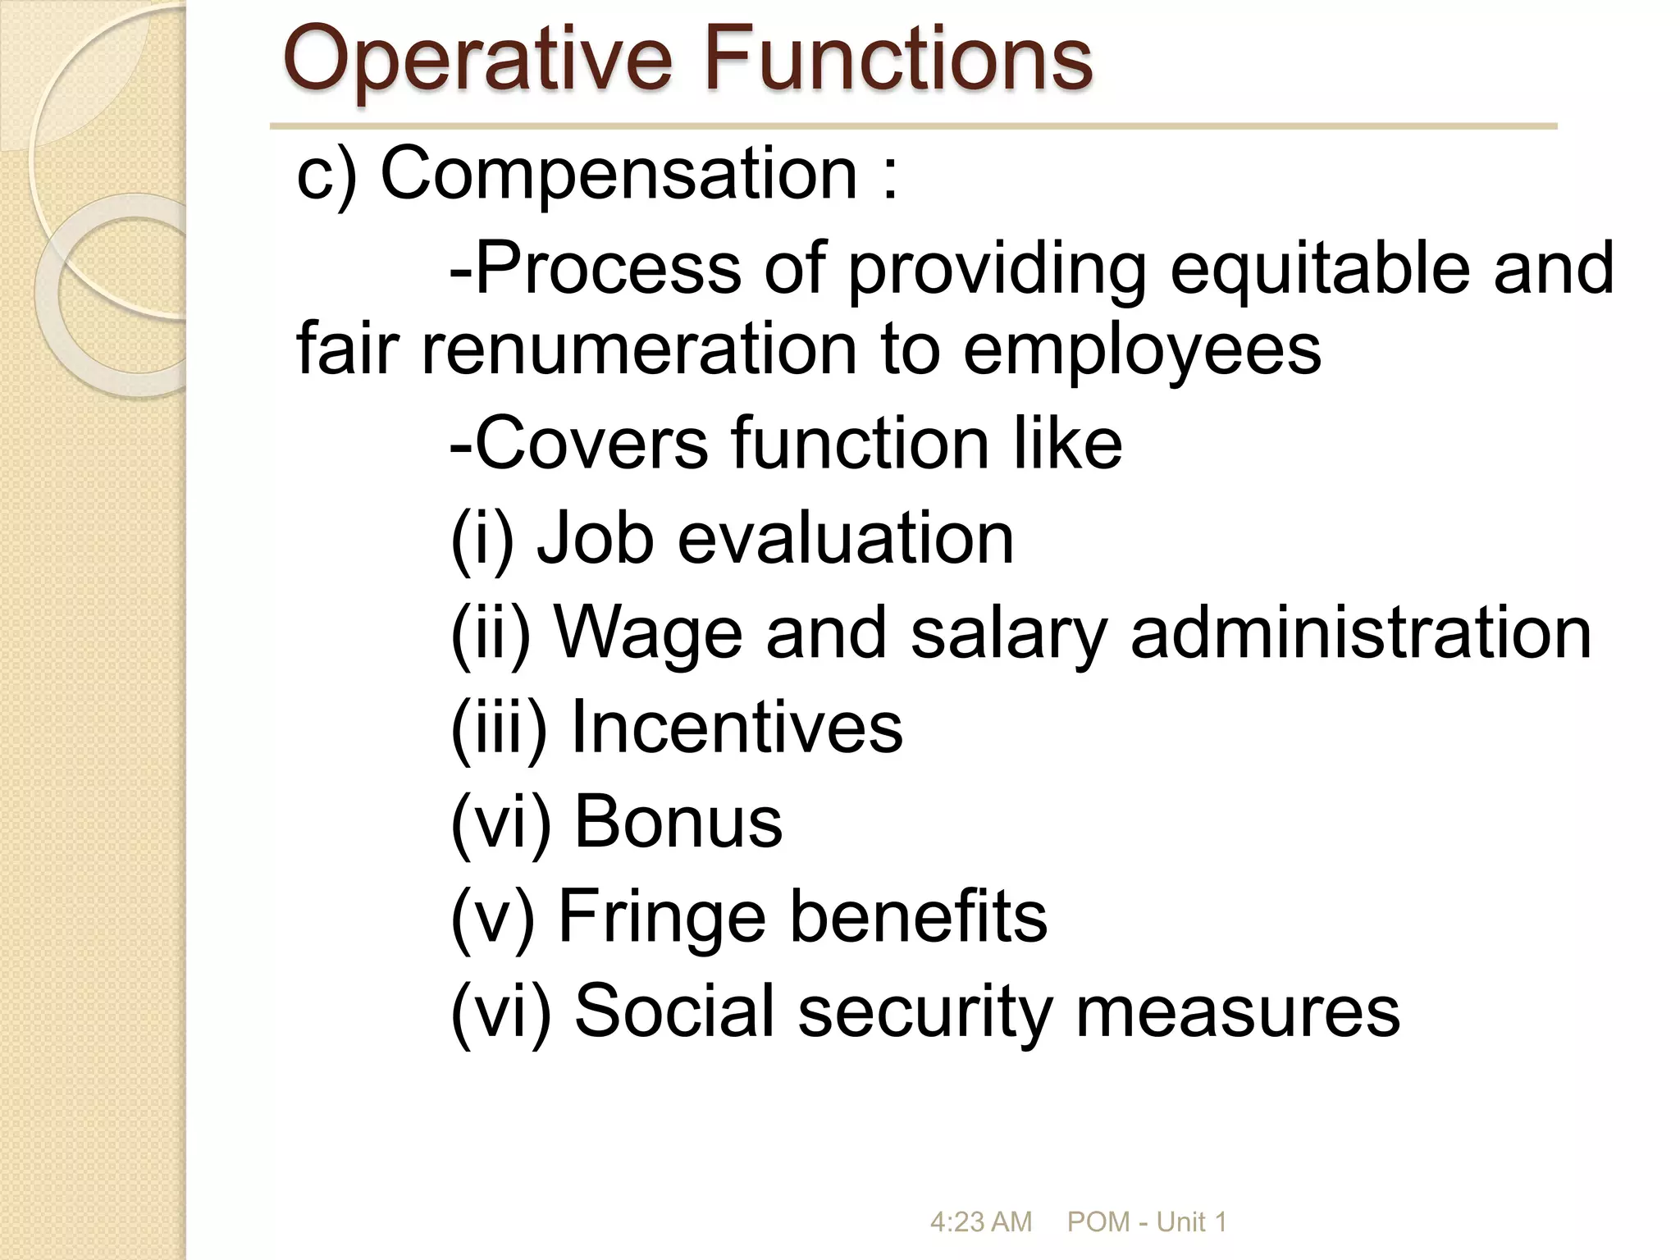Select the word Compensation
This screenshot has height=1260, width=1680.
click(x=619, y=173)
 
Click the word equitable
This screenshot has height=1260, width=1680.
click(x=1320, y=269)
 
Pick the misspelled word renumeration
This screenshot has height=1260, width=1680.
click(x=638, y=349)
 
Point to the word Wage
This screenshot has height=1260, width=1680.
click(x=649, y=633)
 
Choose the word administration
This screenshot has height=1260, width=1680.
click(x=1361, y=632)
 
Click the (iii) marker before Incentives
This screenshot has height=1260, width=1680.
click(x=498, y=728)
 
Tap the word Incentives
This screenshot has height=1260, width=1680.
click(x=736, y=727)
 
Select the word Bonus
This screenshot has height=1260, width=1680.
click(x=678, y=821)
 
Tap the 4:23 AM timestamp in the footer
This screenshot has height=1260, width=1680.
click(x=980, y=1222)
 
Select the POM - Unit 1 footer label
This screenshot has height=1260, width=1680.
click(x=1146, y=1222)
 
